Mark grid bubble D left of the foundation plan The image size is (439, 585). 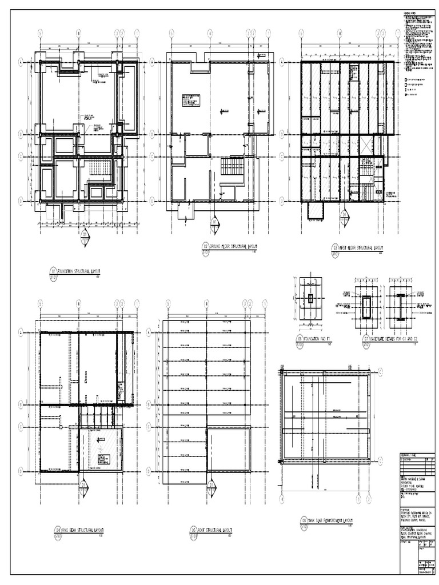click(21, 200)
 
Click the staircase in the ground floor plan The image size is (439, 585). click(232, 169)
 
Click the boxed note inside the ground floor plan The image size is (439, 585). click(192, 99)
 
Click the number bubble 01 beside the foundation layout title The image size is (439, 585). click(54, 271)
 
